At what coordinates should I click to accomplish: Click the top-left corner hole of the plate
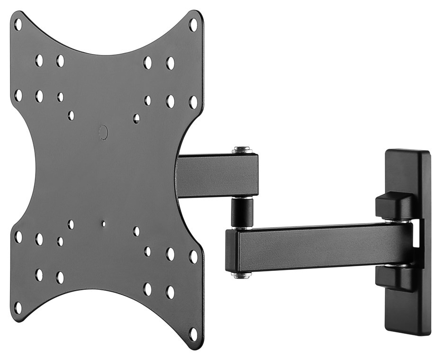tap(18, 24)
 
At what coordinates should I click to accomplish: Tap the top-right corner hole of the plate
tap(193, 24)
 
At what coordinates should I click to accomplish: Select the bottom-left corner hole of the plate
tap(18, 307)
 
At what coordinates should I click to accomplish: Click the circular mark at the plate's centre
tap(103, 132)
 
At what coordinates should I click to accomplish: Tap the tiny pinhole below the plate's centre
tap(103, 223)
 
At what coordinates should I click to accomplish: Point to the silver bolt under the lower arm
tap(241, 275)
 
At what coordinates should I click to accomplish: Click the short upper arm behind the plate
tap(218, 175)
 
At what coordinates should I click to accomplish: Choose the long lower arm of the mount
tap(322, 246)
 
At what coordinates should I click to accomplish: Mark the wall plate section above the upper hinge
tap(407, 171)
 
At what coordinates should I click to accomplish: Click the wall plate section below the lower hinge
tap(407, 313)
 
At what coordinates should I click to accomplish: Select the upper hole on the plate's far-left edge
tap(18, 95)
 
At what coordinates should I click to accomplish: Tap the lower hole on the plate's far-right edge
tap(193, 256)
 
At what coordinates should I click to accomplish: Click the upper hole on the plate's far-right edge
tap(193, 102)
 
